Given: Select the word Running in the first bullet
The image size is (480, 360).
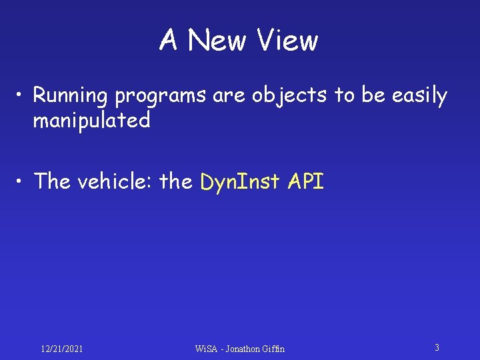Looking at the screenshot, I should coord(70,97).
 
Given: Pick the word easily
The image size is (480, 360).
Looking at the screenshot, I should coord(420,97).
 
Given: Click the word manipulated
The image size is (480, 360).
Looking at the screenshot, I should coord(92,121).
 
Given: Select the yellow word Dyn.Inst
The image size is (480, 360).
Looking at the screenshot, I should coord(241,182).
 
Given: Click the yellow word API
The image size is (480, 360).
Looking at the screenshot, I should coord(306,181).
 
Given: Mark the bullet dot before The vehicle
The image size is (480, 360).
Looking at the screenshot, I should coord(22,181).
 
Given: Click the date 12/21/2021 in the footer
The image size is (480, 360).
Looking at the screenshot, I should coord(62,349).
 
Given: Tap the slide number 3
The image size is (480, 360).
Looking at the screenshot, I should coord(437,347).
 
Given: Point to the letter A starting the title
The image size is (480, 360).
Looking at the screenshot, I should coord(168,41).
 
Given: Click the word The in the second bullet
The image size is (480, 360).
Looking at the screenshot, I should coord(53,181).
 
